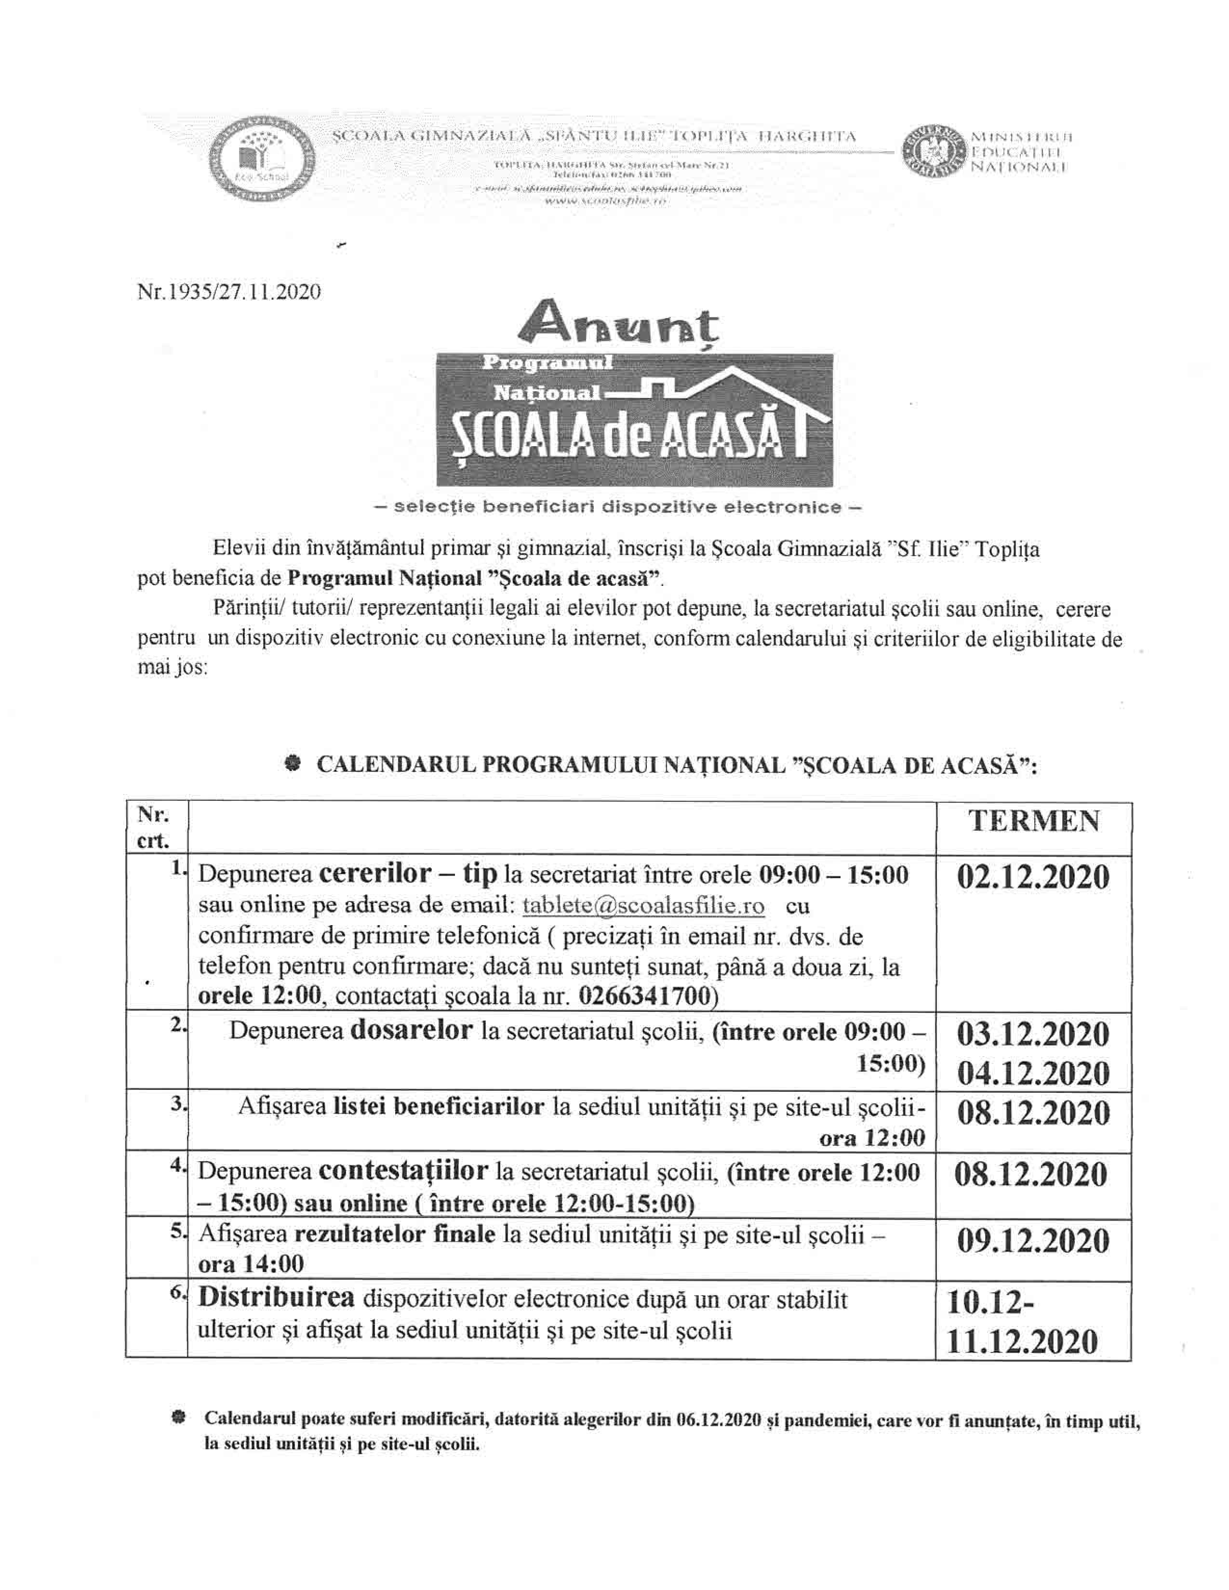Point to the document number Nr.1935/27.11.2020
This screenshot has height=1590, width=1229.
(228, 292)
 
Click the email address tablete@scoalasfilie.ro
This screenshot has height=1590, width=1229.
(643, 906)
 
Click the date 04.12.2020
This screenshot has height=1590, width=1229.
(1033, 1074)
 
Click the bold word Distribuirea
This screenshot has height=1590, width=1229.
(277, 1298)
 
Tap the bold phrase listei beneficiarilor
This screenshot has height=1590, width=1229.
(439, 1107)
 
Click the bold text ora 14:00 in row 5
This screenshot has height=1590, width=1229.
(251, 1263)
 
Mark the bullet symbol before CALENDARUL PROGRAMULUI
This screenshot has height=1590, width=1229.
(292, 764)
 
